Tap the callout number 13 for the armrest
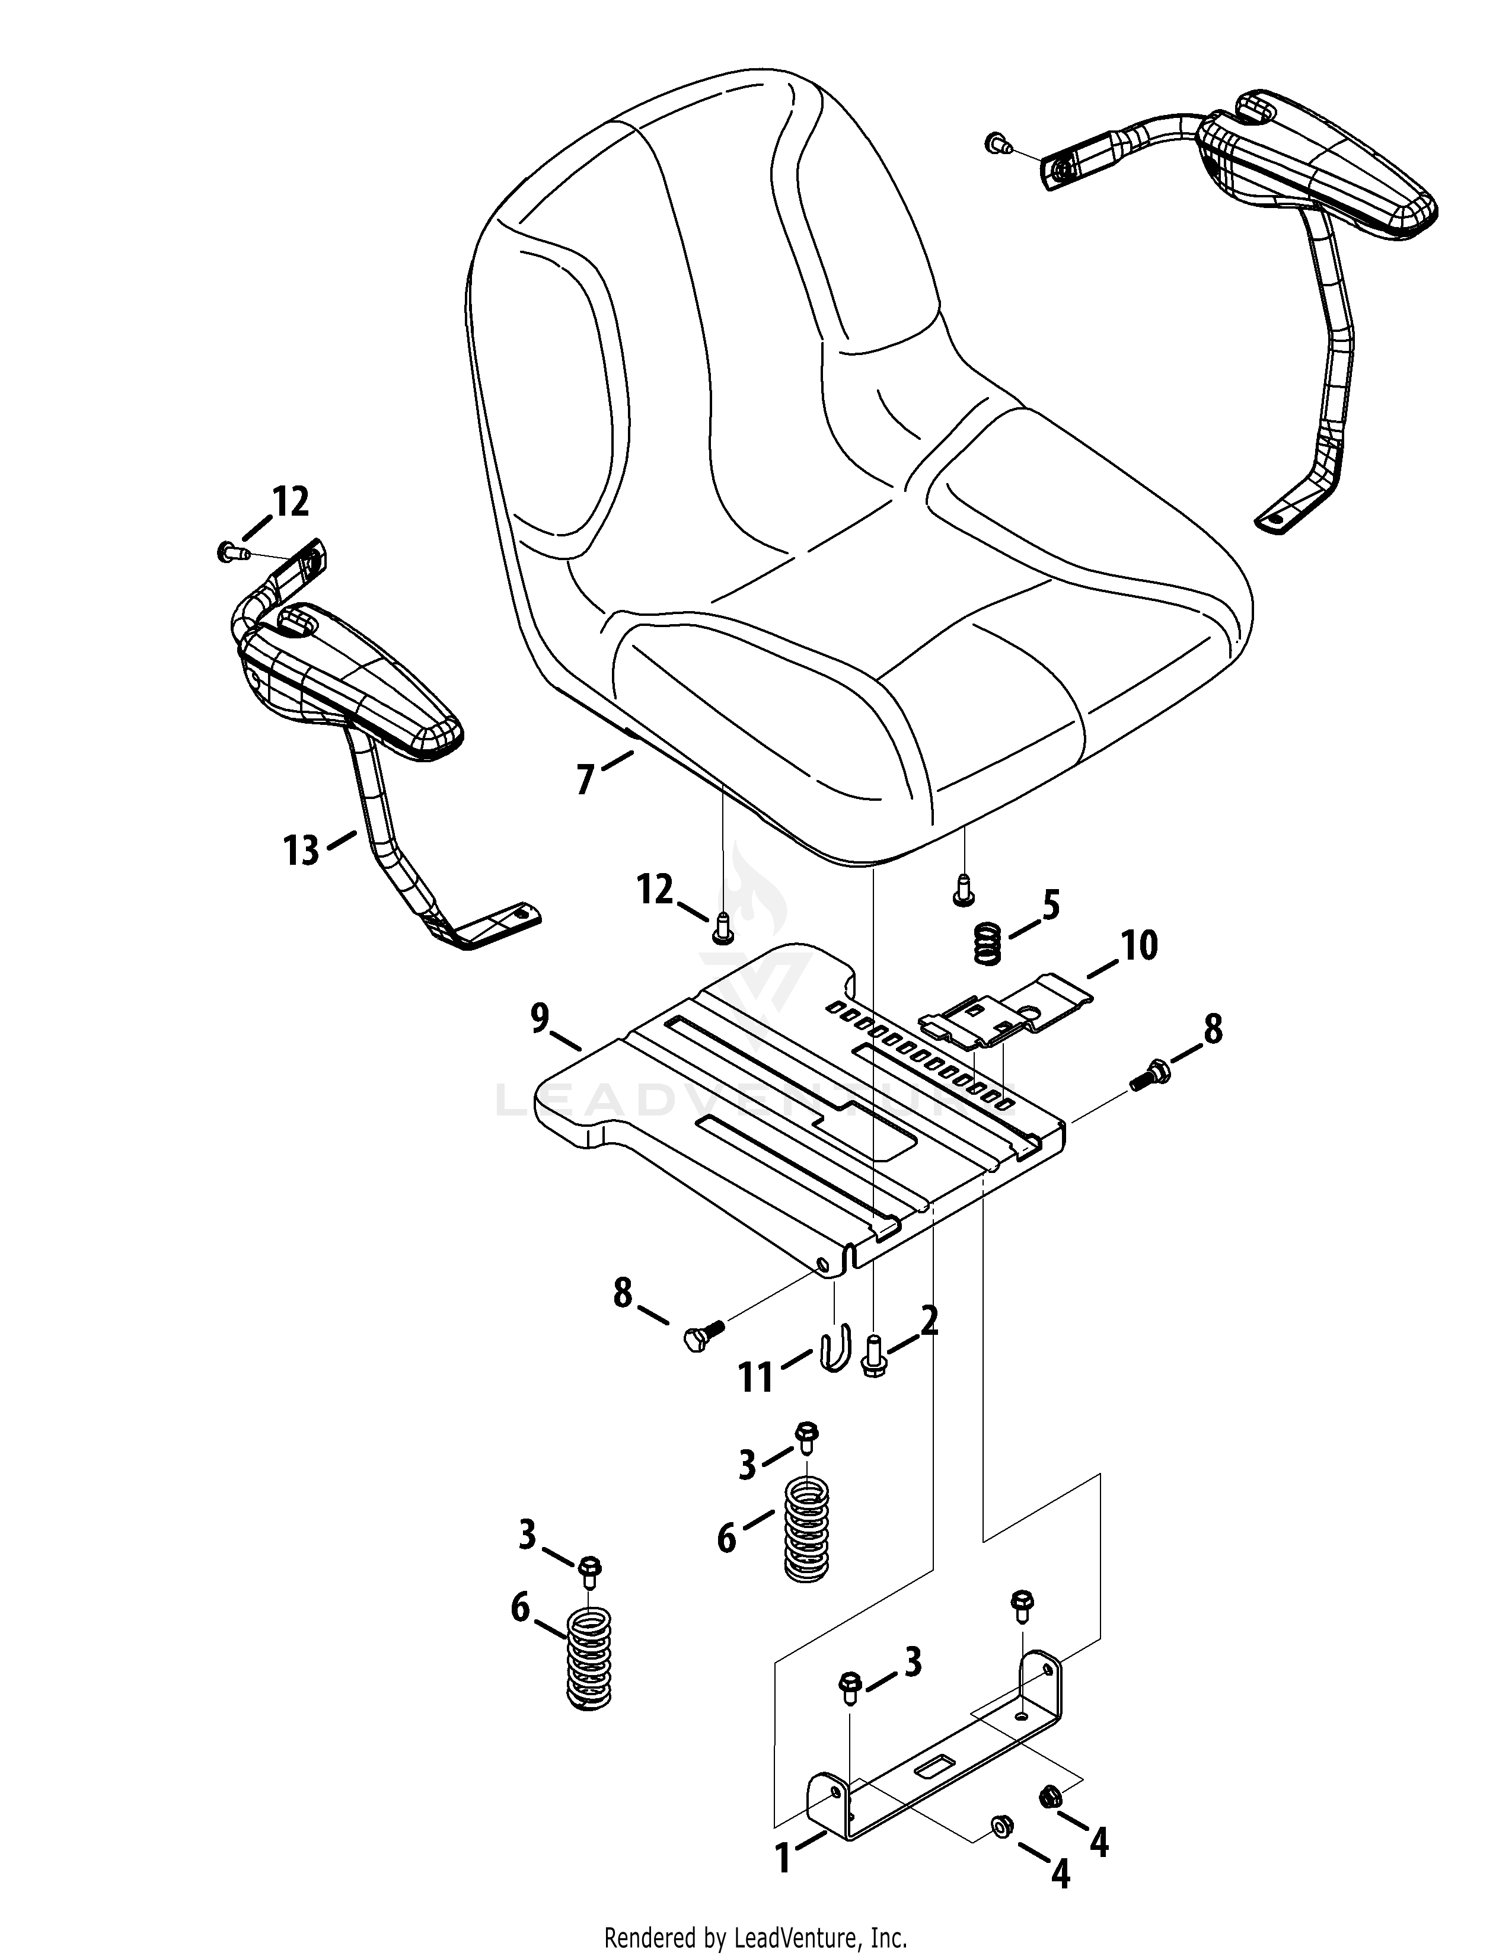(x=301, y=850)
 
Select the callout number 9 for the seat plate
(x=538, y=1019)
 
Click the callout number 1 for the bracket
(x=784, y=1852)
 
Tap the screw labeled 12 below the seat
(x=722, y=927)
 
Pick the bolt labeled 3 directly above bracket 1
(x=849, y=1688)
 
